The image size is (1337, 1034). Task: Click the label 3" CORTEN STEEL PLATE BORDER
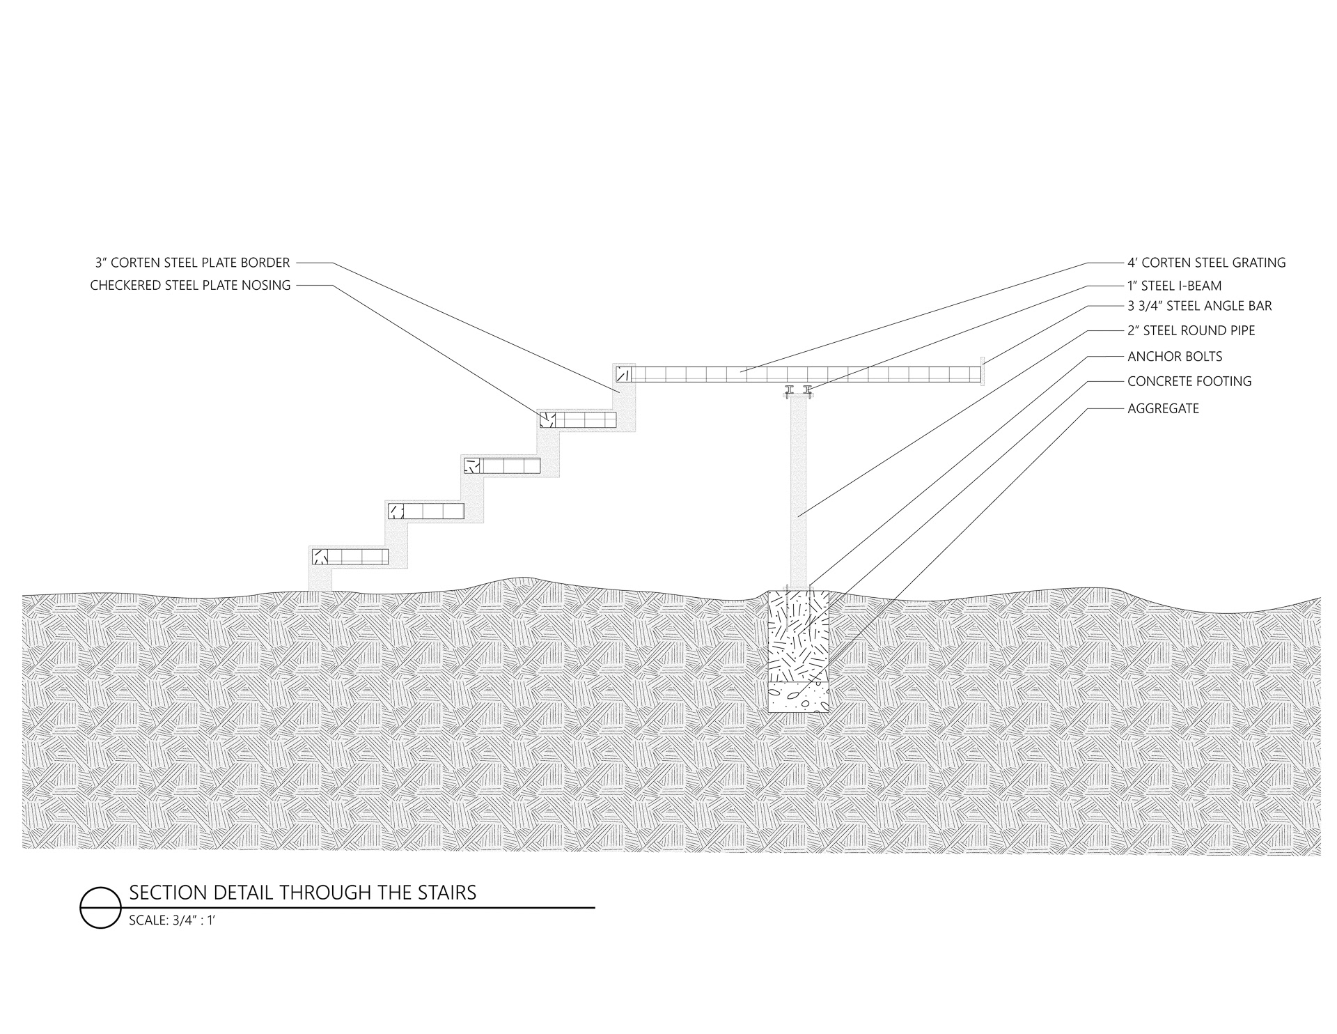pos(192,263)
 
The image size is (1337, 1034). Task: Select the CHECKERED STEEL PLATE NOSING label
pos(190,285)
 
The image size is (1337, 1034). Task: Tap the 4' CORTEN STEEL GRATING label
pos(1206,263)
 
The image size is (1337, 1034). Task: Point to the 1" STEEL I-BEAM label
pos(1174,286)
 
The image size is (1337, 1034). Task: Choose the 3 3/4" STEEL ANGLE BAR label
pos(1199,306)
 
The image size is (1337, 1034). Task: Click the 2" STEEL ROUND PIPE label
pos(1191,330)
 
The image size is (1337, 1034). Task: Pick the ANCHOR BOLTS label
pos(1175,356)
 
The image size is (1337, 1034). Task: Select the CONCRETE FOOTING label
pos(1189,381)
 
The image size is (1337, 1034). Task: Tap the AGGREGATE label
pos(1163,408)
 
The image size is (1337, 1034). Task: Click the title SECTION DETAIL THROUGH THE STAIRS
pos(303,893)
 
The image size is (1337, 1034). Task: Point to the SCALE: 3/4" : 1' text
pos(176,920)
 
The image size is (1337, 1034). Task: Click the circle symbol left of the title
pos(100,908)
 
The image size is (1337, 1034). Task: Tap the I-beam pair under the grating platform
pos(798,391)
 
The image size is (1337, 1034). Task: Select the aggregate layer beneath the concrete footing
pos(798,697)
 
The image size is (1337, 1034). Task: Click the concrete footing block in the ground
pos(798,638)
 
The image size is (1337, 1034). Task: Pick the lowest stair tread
pos(349,557)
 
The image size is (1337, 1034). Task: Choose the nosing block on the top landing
pos(623,375)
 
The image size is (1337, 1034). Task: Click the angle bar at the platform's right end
pos(981,371)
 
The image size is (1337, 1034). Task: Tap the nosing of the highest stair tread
pos(547,419)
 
